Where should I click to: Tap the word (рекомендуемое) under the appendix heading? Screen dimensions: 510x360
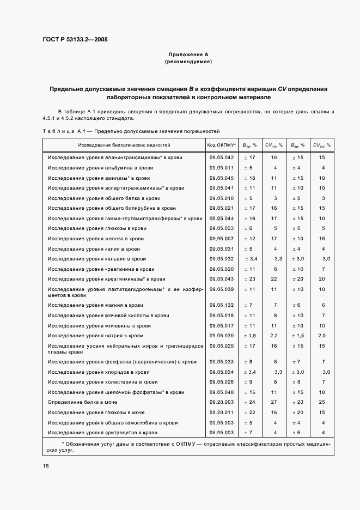pyautogui.click(x=188, y=62)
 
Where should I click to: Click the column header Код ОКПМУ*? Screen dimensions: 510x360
pyautogui.click(x=221, y=145)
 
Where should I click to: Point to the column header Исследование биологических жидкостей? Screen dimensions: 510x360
pyautogui.click(x=124, y=145)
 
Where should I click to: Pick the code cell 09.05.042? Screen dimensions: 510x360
pyautogui.click(x=221, y=157)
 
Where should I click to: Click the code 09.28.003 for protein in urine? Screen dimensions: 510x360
pyautogui.click(x=221, y=402)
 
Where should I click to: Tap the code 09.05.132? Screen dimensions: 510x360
pyautogui.click(x=221, y=305)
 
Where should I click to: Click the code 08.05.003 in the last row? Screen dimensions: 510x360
pyautogui.click(x=221, y=433)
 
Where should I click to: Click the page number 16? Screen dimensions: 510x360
pyautogui.click(x=46, y=466)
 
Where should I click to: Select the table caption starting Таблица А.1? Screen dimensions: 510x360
pyautogui.click(x=131, y=131)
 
